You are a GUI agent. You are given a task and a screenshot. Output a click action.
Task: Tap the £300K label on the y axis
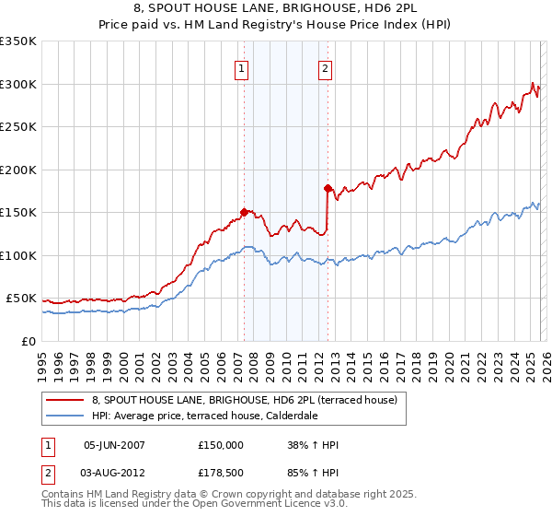tap(18, 84)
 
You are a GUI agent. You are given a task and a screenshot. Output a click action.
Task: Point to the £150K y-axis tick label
tap(18, 212)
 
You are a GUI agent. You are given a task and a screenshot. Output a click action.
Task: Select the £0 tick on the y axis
tap(29, 341)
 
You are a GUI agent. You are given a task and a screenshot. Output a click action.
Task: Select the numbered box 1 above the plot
tap(241, 67)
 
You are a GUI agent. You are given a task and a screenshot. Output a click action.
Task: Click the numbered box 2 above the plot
tap(326, 67)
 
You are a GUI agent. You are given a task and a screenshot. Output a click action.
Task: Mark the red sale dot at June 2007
tap(244, 212)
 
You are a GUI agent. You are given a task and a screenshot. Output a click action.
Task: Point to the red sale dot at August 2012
tap(328, 188)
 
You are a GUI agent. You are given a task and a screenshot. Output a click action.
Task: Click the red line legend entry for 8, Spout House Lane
tap(244, 400)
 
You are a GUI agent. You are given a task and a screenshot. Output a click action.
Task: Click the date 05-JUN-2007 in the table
tap(114, 445)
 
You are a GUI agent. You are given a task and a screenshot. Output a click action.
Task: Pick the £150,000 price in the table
tap(221, 445)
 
